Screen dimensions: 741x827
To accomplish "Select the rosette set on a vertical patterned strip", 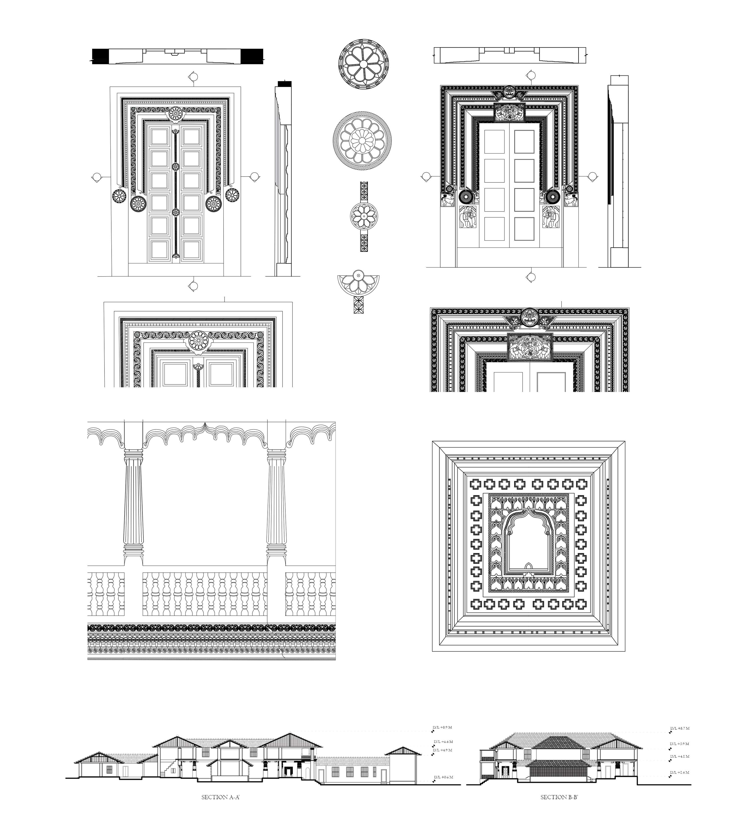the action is click(x=364, y=216).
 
